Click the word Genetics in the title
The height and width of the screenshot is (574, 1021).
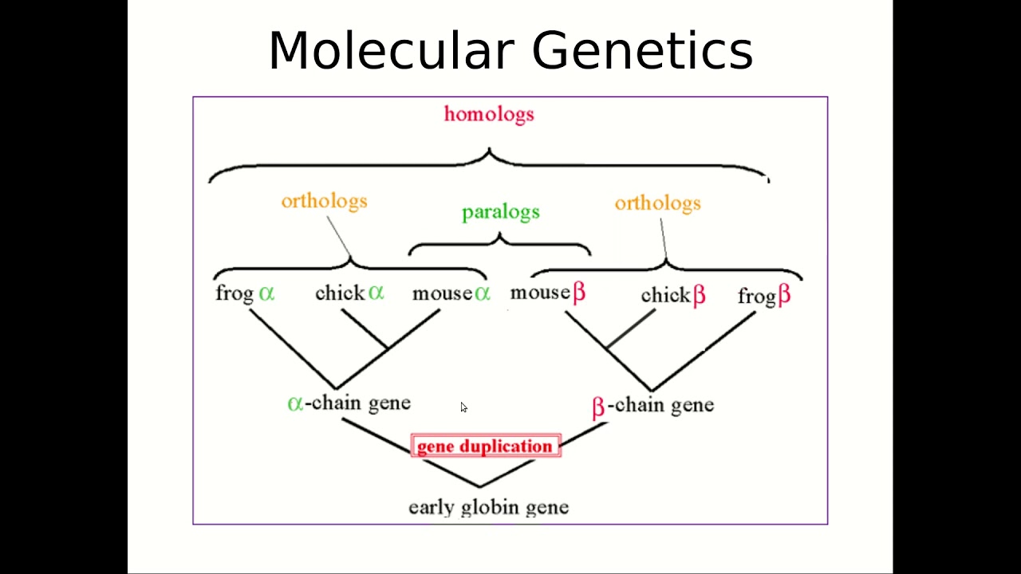[x=642, y=51]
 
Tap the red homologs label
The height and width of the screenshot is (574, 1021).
[x=489, y=114]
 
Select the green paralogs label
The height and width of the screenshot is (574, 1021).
[x=501, y=212]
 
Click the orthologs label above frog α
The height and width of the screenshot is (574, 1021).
[x=324, y=201]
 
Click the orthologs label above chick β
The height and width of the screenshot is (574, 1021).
[x=657, y=203]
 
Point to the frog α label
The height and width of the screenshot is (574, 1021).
[x=245, y=293]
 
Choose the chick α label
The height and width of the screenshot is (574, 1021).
[x=349, y=293]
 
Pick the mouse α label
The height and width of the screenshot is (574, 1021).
[x=451, y=293]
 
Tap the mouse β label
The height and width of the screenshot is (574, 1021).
[x=548, y=293]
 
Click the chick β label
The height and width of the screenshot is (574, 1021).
[x=673, y=296]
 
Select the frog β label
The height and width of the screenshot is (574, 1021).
[x=764, y=297]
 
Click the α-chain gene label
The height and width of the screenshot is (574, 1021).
[x=349, y=403]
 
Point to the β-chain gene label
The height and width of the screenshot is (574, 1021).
[x=652, y=406]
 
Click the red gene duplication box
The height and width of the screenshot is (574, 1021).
[x=485, y=446]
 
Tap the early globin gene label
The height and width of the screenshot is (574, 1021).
[x=488, y=507]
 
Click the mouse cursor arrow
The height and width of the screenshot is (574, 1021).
[x=463, y=407]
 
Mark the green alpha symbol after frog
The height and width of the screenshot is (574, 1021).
[x=266, y=293]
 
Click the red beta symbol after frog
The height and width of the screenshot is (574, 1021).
[x=784, y=296]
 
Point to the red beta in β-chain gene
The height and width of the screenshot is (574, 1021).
[x=598, y=407]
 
